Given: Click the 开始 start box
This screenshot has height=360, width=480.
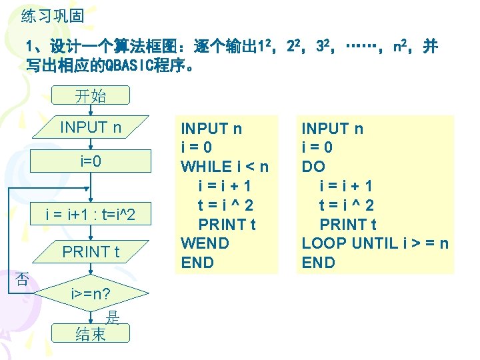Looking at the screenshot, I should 90,96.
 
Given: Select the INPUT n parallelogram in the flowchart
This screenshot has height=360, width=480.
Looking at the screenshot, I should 91,127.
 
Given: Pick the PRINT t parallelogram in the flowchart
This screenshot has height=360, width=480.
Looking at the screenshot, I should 91,252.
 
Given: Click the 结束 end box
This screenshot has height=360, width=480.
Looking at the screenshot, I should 91,334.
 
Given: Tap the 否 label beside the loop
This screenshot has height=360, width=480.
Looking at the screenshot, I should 22,279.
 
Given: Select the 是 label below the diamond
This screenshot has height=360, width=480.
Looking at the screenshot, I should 113,318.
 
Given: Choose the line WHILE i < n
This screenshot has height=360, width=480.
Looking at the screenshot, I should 225,166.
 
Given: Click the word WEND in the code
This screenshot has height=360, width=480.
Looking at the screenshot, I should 205,243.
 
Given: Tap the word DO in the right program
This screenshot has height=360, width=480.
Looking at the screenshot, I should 313,166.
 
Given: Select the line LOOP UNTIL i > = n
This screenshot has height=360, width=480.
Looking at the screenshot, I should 375,243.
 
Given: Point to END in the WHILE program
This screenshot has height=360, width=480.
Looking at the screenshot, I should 197,262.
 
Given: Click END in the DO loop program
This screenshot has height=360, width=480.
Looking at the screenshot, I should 318,262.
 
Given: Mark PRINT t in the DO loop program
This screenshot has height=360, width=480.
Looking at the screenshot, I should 348,224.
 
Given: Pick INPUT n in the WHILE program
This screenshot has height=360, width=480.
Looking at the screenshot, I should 211,128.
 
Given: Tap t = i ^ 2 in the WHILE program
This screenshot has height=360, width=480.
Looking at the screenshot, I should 227,205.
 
